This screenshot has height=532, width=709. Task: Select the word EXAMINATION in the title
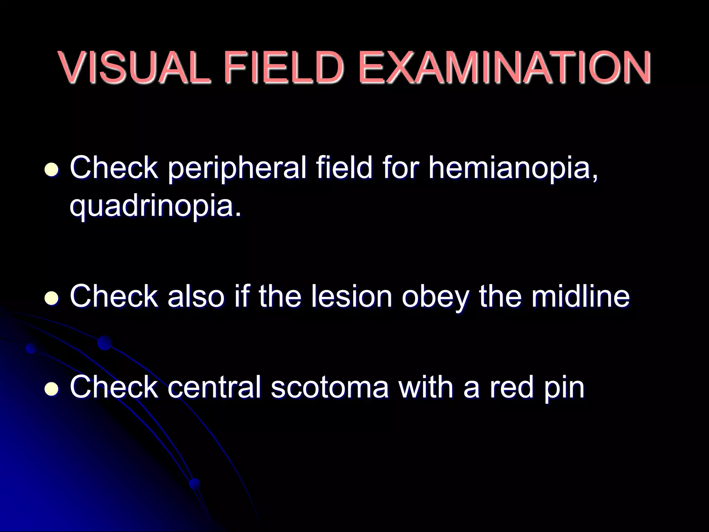[505, 67]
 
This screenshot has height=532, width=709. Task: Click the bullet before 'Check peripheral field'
[52, 170]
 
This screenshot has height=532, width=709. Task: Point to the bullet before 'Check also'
[52, 298]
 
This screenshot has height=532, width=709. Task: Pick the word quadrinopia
[155, 206]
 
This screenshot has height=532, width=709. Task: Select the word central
[214, 387]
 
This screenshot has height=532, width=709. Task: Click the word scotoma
[330, 387]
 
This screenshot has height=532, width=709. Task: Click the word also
[196, 296]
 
